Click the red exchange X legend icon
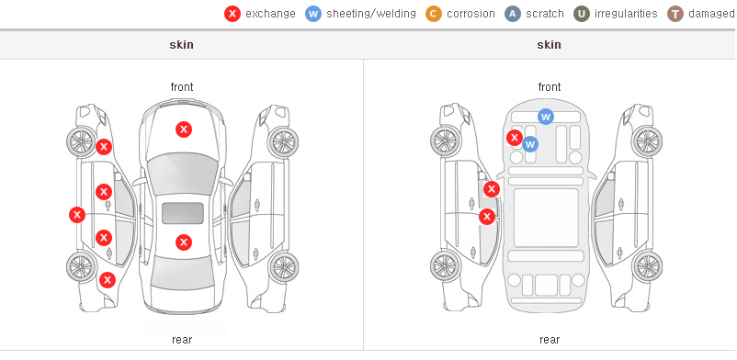[232, 14]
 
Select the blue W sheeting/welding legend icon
[313, 14]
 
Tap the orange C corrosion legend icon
[434, 14]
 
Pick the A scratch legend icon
[513, 14]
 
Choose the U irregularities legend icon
[582, 14]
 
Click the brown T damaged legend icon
[675, 14]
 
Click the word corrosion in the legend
[471, 14]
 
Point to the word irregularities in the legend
[626, 14]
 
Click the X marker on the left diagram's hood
[184, 129]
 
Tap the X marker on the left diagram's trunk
[184, 242]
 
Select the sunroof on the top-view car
[183, 213]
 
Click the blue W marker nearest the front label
[546, 116]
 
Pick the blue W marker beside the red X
[530, 144]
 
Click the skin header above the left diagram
[181, 45]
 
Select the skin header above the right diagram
[549, 45]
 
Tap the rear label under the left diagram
[182, 340]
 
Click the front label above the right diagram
[550, 87]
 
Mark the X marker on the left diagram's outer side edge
[77, 215]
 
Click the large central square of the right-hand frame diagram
[546, 218]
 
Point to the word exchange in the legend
[270, 14]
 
